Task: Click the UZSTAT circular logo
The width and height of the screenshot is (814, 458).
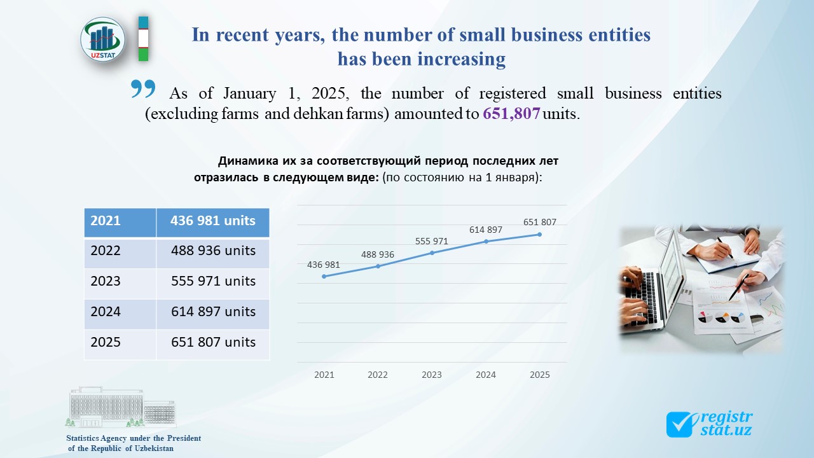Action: pyautogui.click(x=103, y=39)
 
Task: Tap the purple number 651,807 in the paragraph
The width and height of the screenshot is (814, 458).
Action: pyautogui.click(x=511, y=114)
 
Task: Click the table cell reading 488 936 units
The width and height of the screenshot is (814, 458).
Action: pyautogui.click(x=213, y=251)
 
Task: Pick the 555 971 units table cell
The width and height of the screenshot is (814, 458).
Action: pyautogui.click(x=213, y=281)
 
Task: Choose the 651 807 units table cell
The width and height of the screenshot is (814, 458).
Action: pyautogui.click(x=213, y=342)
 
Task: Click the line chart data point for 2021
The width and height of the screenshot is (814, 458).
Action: pyautogui.click(x=324, y=276)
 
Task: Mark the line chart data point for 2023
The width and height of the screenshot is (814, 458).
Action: pyautogui.click(x=432, y=253)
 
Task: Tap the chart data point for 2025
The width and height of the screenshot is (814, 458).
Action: pyautogui.click(x=540, y=234)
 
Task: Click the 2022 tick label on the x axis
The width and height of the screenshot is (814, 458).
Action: pyautogui.click(x=378, y=375)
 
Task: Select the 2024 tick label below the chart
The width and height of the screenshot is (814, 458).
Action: pyautogui.click(x=486, y=375)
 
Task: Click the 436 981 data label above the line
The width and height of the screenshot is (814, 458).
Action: pyautogui.click(x=324, y=265)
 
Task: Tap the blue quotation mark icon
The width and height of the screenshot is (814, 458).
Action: pyautogui.click(x=143, y=90)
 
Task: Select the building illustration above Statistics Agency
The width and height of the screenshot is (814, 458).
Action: pyautogui.click(x=121, y=407)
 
